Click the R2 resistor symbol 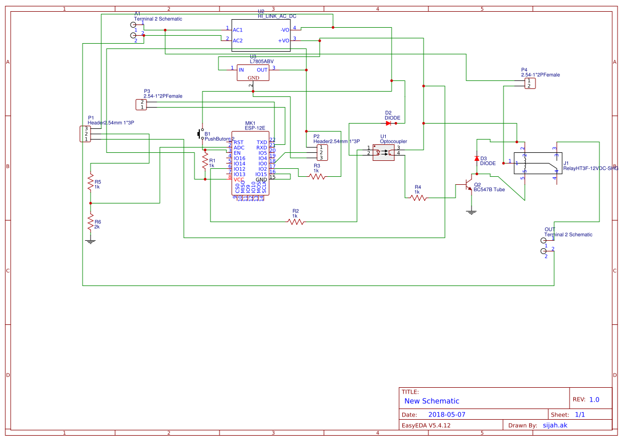296,222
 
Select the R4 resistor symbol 418,198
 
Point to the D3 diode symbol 476,159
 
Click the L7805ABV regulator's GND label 253,78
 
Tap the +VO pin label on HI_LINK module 283,40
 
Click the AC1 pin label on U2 238,30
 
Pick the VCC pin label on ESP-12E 239,179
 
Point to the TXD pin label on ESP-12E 262,142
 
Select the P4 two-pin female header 530,83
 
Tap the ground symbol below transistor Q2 471,212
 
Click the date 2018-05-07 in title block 447,414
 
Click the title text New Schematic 432,401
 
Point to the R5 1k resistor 91,182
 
